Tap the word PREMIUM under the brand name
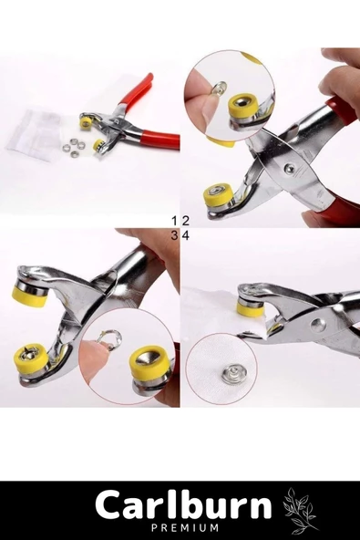(x=184, y=527)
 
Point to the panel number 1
(x=175, y=221)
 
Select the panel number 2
(x=186, y=221)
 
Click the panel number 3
(x=175, y=235)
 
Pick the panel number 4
(x=186, y=235)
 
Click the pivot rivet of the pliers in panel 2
(x=288, y=168)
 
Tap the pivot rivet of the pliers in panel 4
(x=316, y=324)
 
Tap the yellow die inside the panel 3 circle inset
(x=150, y=363)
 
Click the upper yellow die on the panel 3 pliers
(x=29, y=296)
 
